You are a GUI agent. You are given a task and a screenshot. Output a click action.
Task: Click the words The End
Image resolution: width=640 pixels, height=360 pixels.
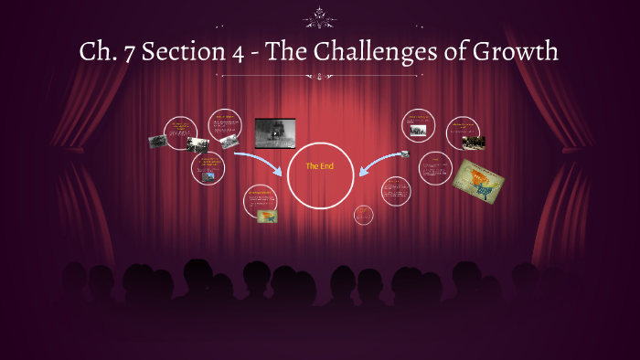(320, 166)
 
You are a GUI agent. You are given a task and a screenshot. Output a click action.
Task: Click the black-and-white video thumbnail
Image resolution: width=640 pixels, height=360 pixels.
(275, 132)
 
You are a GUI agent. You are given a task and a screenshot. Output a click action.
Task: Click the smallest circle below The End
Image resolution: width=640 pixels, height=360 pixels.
(363, 215)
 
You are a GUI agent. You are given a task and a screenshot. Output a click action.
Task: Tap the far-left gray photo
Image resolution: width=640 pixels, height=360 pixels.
(158, 142)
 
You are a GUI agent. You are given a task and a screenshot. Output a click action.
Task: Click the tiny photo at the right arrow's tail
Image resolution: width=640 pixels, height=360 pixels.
(404, 154)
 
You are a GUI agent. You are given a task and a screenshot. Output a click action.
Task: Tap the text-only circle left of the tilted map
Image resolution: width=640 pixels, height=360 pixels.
(435, 167)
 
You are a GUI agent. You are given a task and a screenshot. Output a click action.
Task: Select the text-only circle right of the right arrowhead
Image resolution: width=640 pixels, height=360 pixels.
(395, 191)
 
